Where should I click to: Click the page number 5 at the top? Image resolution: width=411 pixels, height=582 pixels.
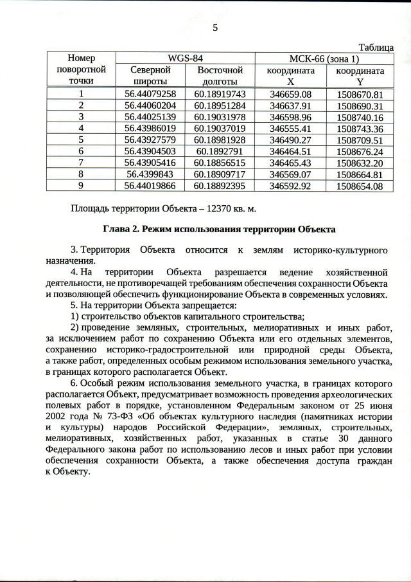[214, 28]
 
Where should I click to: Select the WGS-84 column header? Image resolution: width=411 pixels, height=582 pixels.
[185, 58]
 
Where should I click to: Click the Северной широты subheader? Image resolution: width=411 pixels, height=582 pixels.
[150, 75]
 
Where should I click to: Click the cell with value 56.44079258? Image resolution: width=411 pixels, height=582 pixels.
[150, 95]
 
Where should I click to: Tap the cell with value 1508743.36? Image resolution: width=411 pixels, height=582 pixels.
[360, 129]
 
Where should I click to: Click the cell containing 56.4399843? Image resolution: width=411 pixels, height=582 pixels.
[150, 174]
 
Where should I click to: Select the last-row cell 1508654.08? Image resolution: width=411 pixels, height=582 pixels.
[360, 186]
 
